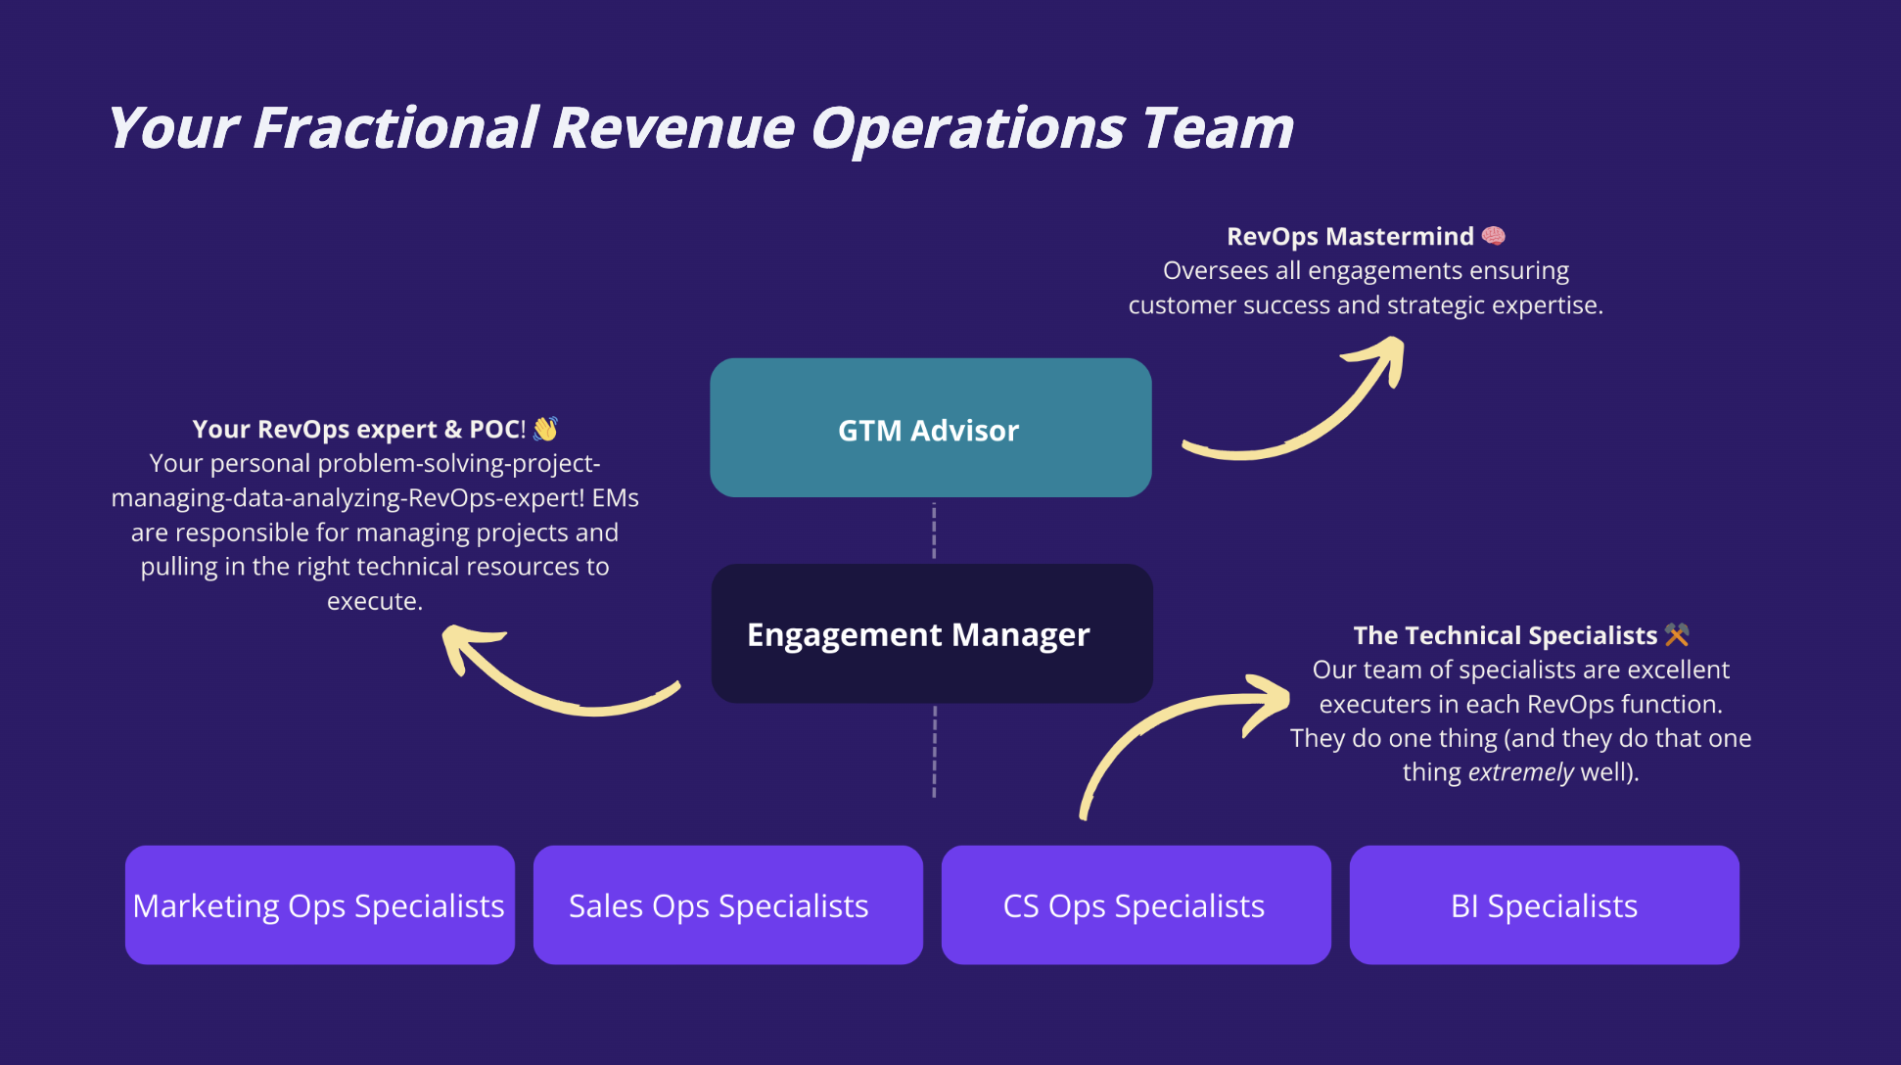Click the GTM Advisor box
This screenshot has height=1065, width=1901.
click(930, 428)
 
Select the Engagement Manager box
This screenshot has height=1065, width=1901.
click(930, 633)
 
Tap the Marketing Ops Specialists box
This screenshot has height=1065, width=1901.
click(319, 905)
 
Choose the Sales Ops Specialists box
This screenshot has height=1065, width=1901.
click(727, 905)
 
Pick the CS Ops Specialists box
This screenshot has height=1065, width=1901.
click(1136, 905)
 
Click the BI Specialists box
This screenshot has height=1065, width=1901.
click(1544, 905)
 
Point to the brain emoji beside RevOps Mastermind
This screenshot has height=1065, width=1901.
click(1493, 236)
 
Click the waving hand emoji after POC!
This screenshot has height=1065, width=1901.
click(545, 429)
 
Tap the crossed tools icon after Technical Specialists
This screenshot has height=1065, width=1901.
click(1677, 635)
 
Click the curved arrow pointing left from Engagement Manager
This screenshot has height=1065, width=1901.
click(548, 685)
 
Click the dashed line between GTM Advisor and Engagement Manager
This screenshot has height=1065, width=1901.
click(934, 531)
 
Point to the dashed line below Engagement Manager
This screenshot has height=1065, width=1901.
click(934, 751)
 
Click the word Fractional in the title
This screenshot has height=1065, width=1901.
click(395, 128)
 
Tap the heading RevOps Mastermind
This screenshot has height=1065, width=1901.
click(1350, 236)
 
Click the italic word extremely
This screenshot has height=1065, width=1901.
click(1520, 772)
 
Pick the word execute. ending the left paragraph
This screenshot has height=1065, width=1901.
click(374, 601)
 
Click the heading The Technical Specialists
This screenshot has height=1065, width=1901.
click(1505, 635)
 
